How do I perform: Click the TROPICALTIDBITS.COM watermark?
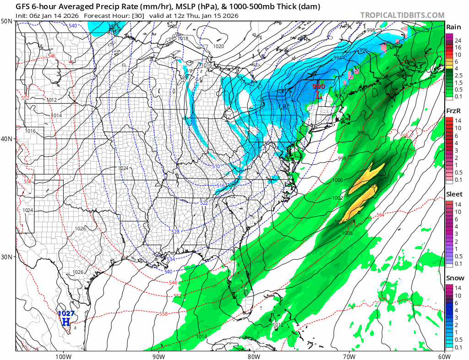[402, 15]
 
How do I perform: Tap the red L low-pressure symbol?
[318, 95]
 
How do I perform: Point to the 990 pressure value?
[318, 86]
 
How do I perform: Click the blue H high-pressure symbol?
[66, 322]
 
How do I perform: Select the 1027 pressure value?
[65, 314]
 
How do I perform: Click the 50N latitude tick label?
[7, 22]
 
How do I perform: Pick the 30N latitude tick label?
[7, 256]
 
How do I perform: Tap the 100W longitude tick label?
[63, 356]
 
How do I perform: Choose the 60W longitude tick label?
[444, 356]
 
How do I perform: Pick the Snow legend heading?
[454, 278]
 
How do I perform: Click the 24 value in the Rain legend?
[458, 40]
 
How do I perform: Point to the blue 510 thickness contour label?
[216, 166]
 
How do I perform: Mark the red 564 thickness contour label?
[380, 215]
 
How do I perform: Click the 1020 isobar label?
[218, 46]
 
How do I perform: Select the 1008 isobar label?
[347, 233]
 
